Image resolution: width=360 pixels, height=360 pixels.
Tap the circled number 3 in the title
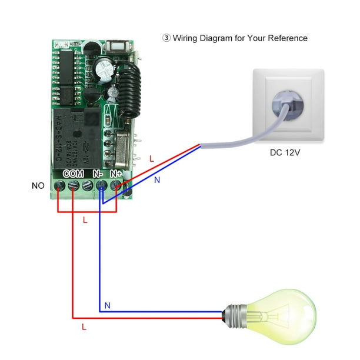(166, 38)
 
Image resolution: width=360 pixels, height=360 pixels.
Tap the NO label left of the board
(38, 186)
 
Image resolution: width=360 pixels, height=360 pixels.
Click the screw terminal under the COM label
(73, 186)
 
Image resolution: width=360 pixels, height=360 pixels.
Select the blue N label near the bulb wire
(107, 305)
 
